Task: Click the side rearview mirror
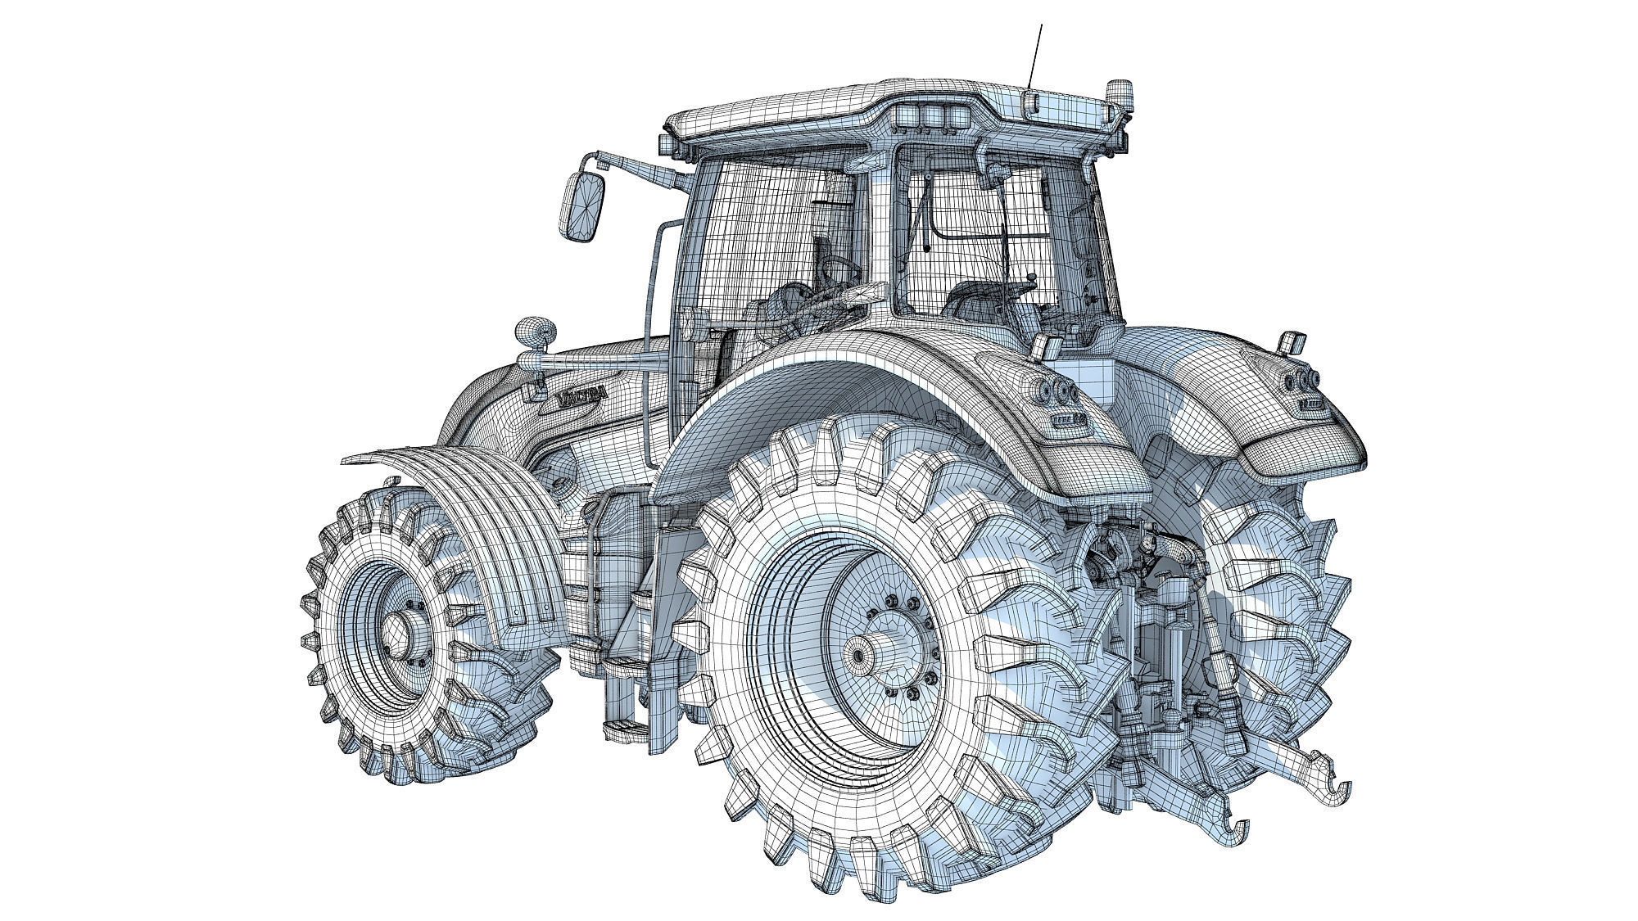pos(582,206)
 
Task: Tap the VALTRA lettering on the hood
pos(582,396)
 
